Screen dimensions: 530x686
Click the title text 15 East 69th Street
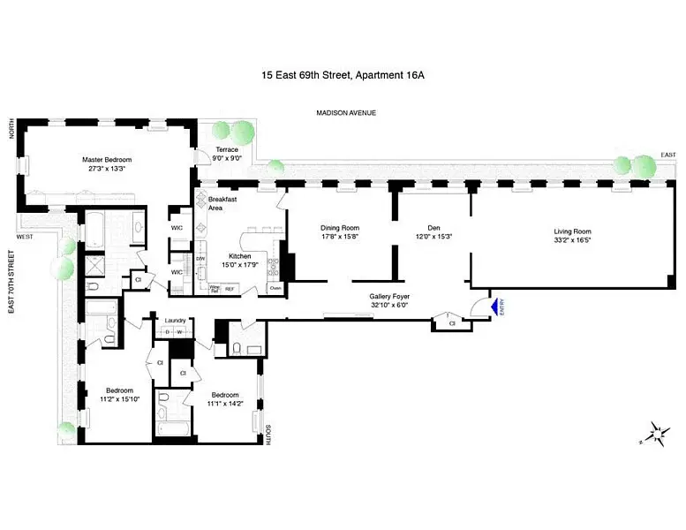305,76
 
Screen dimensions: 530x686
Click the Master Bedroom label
105,160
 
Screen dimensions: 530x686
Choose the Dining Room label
339,227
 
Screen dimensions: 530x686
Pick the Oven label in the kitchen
275,288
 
